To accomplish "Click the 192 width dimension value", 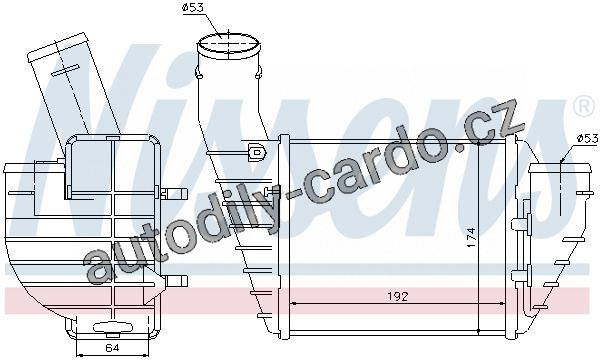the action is click(398, 295).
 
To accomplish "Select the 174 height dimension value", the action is click(471, 237).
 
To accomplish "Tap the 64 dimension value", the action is click(112, 348).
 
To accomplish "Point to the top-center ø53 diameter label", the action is click(193, 8).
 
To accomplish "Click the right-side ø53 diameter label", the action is click(587, 138).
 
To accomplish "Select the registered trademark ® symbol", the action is click(582, 107).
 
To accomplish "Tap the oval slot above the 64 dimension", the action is click(113, 327).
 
